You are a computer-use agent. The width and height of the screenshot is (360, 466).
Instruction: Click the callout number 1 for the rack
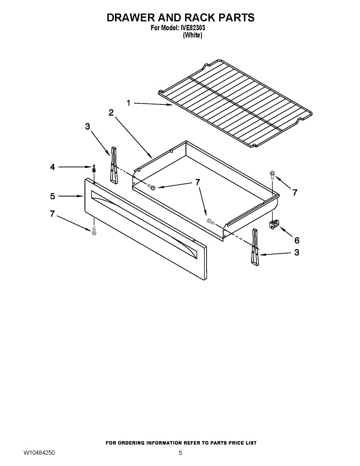pos(129,103)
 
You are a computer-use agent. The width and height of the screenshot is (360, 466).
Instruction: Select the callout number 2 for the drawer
pos(111,113)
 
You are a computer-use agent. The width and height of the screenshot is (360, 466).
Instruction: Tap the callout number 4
pos(52,167)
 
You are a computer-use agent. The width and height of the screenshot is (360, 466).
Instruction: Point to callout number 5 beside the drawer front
pos(52,196)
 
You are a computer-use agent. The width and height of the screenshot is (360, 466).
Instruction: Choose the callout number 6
pos(297,240)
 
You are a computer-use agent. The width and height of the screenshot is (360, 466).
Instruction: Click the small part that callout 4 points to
pos(94,169)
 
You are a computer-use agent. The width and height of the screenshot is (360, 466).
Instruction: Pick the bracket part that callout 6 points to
pos(274,224)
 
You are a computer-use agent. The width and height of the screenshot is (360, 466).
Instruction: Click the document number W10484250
pos(39,453)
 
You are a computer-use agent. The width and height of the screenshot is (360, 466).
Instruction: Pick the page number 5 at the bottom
pos(180,453)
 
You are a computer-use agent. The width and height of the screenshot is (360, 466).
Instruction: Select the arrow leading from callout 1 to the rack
pos(153,104)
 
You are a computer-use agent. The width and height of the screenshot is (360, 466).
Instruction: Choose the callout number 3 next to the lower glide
pos(297,252)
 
